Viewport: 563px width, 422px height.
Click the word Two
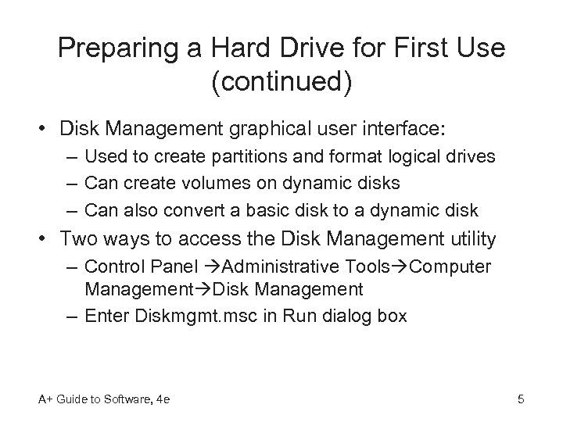point(81,239)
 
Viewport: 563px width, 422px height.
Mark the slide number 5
point(520,401)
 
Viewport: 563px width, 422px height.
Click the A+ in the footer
point(43,401)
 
